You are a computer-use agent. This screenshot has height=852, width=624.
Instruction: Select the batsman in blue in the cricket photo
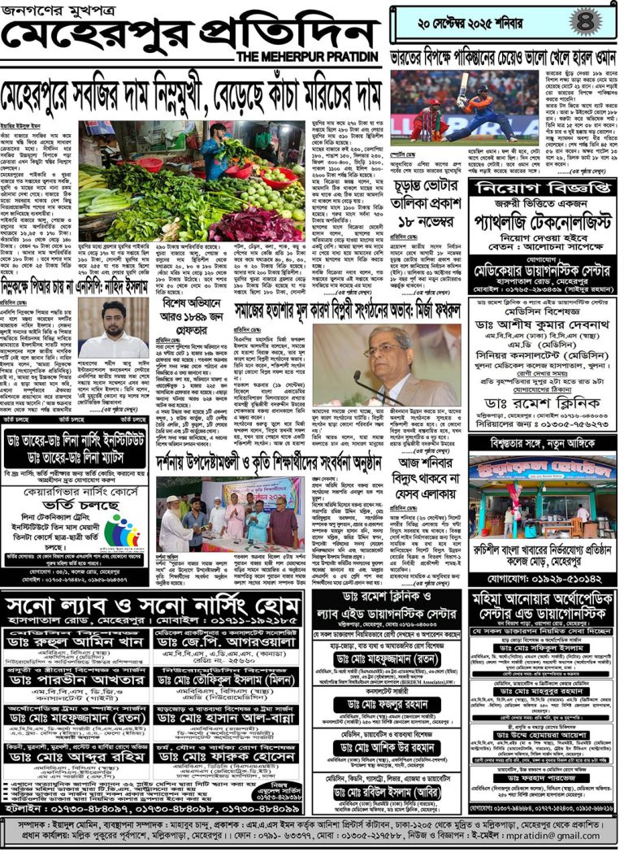(x=479, y=112)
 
